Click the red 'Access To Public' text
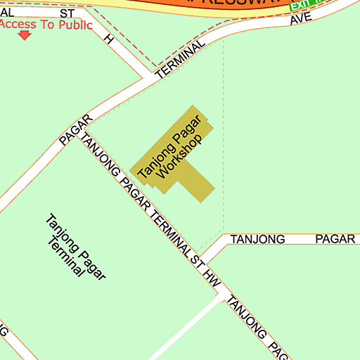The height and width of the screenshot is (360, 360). pos(46,25)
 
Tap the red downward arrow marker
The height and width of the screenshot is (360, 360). pos(25,35)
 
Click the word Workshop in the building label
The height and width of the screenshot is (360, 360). pos(180,155)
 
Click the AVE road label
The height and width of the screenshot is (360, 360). pos(300,18)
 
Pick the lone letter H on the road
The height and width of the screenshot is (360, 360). pos(109,39)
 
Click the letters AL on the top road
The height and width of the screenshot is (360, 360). pos(7,13)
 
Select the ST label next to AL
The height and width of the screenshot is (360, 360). pos(67,13)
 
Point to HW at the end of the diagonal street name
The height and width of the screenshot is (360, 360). pos(213,278)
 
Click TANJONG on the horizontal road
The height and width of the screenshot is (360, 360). pos(257,239)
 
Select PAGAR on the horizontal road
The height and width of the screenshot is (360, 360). pos(335,239)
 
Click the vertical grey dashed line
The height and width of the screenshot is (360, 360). pos(224,141)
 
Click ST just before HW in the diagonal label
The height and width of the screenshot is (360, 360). pos(198,259)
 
